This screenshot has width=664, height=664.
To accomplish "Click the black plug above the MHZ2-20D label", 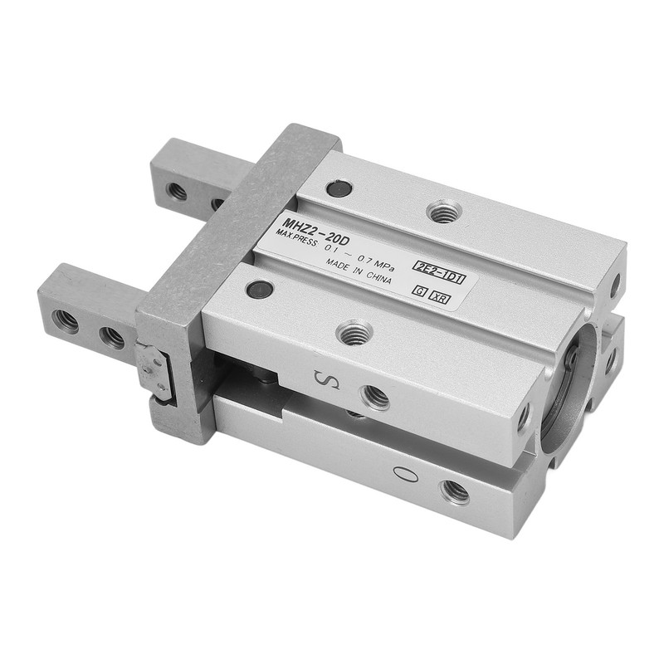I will [x=337, y=190].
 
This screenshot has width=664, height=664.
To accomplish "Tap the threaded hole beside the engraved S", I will [x=376, y=397].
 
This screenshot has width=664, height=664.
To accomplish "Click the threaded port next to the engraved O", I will [x=454, y=492].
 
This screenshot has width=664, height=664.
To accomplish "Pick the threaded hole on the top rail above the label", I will [x=444, y=212].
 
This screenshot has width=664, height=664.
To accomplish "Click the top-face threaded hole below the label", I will [x=354, y=334].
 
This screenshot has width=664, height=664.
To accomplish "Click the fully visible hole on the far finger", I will [x=177, y=191].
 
